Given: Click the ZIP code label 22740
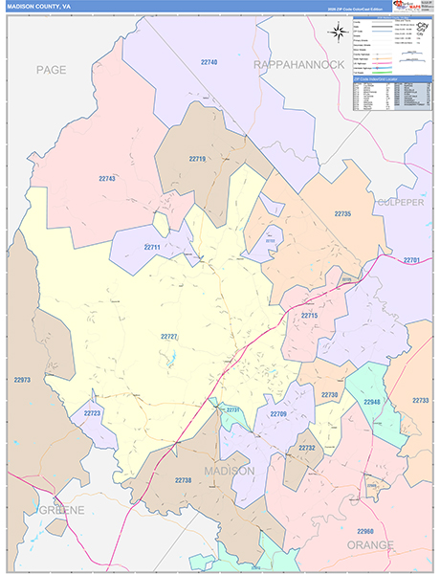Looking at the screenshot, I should [209, 62].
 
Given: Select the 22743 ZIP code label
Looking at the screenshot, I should [107, 179].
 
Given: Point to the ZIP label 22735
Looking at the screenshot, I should [341, 213].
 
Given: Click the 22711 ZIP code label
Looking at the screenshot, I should [152, 247].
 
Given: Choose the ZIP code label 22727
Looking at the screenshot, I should [169, 336].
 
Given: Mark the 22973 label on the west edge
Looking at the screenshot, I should [22, 380].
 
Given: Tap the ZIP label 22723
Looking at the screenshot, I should [92, 413].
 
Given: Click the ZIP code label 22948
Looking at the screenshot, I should [371, 403].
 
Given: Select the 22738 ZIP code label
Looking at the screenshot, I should [184, 479].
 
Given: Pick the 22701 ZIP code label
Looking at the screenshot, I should [412, 260].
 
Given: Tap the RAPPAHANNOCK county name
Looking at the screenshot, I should [297, 64].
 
